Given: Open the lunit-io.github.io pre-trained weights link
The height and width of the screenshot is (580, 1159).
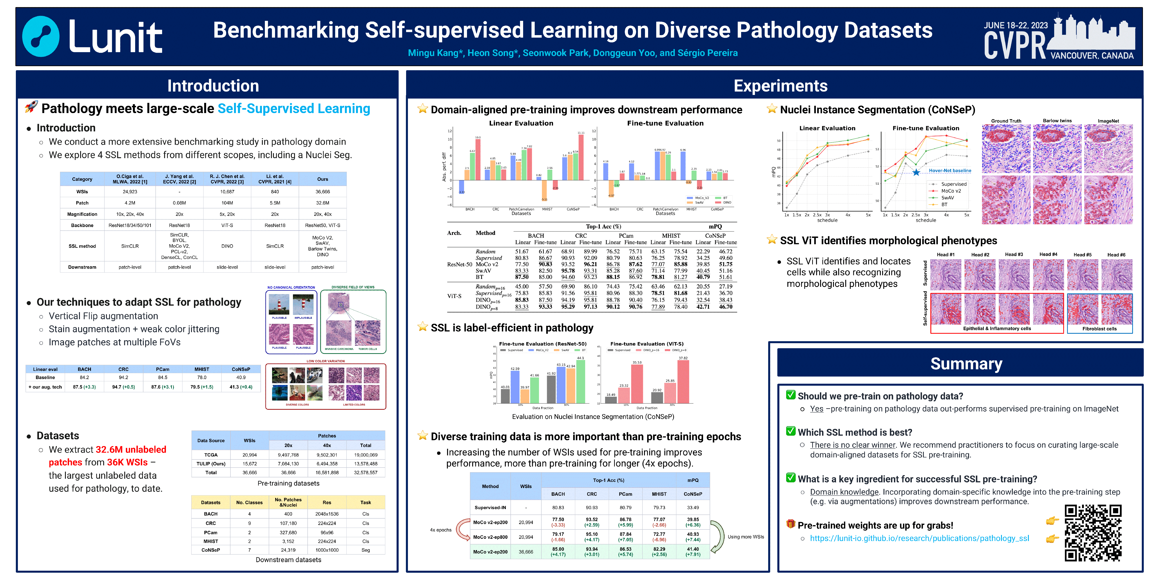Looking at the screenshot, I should point(919,538).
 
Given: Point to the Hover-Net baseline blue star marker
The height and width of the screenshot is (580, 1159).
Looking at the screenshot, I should point(916,172).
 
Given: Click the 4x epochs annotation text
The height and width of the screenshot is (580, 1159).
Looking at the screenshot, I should point(441,530).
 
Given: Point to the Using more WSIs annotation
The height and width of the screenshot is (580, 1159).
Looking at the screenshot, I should point(745,537).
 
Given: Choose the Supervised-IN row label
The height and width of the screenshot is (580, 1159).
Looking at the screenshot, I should point(490,507).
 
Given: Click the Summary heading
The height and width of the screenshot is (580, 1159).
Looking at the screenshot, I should point(966,363).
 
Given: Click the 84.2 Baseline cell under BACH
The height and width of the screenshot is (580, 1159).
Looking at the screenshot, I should point(84,377).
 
